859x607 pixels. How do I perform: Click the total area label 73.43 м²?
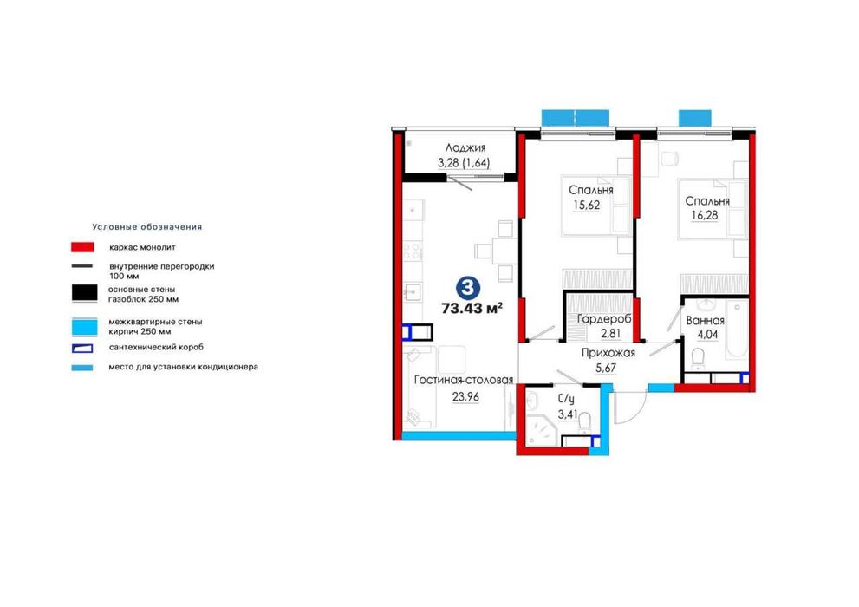(472, 308)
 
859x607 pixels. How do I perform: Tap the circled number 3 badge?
(467, 286)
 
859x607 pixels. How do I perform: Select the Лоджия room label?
(465, 148)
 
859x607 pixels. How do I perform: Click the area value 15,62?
(587, 206)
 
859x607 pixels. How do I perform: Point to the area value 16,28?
(705, 215)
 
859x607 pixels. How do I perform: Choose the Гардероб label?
(604, 319)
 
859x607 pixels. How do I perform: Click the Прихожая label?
(608, 353)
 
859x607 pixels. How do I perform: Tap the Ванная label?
(705, 321)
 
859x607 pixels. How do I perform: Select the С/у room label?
(567, 400)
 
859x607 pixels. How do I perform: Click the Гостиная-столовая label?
(464, 380)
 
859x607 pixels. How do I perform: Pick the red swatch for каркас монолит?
(82, 247)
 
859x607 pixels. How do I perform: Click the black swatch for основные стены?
(84, 293)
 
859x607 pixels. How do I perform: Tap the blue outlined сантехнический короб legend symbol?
(82, 348)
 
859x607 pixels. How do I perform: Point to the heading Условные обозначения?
(146, 227)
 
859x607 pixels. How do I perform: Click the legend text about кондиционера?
(183, 367)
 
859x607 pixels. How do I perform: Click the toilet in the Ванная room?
(698, 358)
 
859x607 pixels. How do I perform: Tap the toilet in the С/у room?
(584, 421)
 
